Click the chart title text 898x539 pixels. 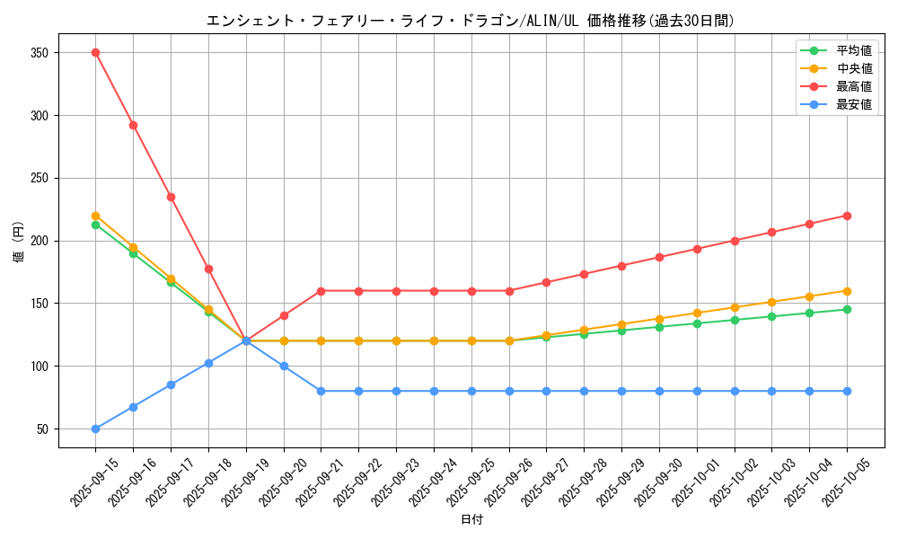[471, 21]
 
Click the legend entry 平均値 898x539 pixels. [853, 51]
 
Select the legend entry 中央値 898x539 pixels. [853, 69]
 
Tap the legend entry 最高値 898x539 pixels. [853, 87]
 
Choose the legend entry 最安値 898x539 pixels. [853, 105]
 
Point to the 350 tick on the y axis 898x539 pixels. [39, 53]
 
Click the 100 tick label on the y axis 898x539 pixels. [39, 367]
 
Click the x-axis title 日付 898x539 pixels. [471, 520]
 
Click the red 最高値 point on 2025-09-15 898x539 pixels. [95, 53]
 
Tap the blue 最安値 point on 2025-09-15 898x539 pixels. [95, 429]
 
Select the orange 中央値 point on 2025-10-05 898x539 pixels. [848, 291]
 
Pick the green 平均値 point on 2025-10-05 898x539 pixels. [848, 310]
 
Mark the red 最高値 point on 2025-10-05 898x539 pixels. [848, 216]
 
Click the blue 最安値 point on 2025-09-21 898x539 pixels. [321, 391]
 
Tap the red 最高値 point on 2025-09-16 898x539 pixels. [133, 125]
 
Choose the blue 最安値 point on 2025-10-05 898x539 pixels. [848, 391]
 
